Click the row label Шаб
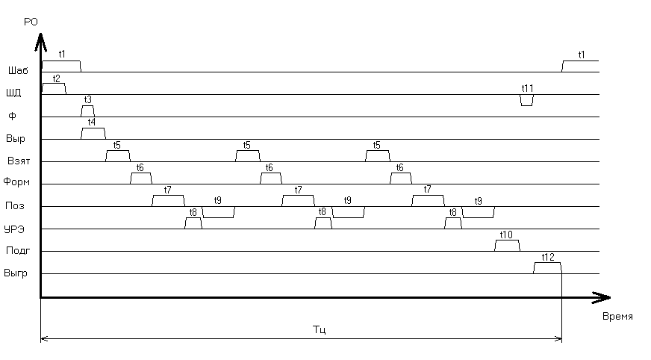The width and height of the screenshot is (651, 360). pos(17,72)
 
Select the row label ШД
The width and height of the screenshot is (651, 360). pos(13,94)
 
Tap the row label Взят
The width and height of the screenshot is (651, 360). pos(18,161)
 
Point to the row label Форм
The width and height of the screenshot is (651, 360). pos(16,183)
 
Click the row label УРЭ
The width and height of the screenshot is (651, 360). pos(17,229)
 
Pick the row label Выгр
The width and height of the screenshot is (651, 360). pos(16,273)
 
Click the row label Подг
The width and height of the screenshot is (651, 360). pos(16,251)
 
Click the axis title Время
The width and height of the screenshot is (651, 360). pos(617,317)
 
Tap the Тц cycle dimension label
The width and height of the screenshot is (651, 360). pos(319,329)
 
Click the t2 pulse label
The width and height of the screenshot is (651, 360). pos(57,78)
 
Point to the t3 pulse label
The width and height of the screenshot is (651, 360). pos(88,100)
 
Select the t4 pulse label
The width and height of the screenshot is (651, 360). pos(91,122)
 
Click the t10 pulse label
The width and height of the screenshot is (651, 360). pos(506,235)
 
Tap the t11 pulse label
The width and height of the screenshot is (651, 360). pos(527,88)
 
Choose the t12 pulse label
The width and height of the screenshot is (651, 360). pos(548,257)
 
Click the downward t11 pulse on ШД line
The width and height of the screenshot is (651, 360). pos(527,100)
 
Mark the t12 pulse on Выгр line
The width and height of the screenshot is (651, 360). pos(547,268)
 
